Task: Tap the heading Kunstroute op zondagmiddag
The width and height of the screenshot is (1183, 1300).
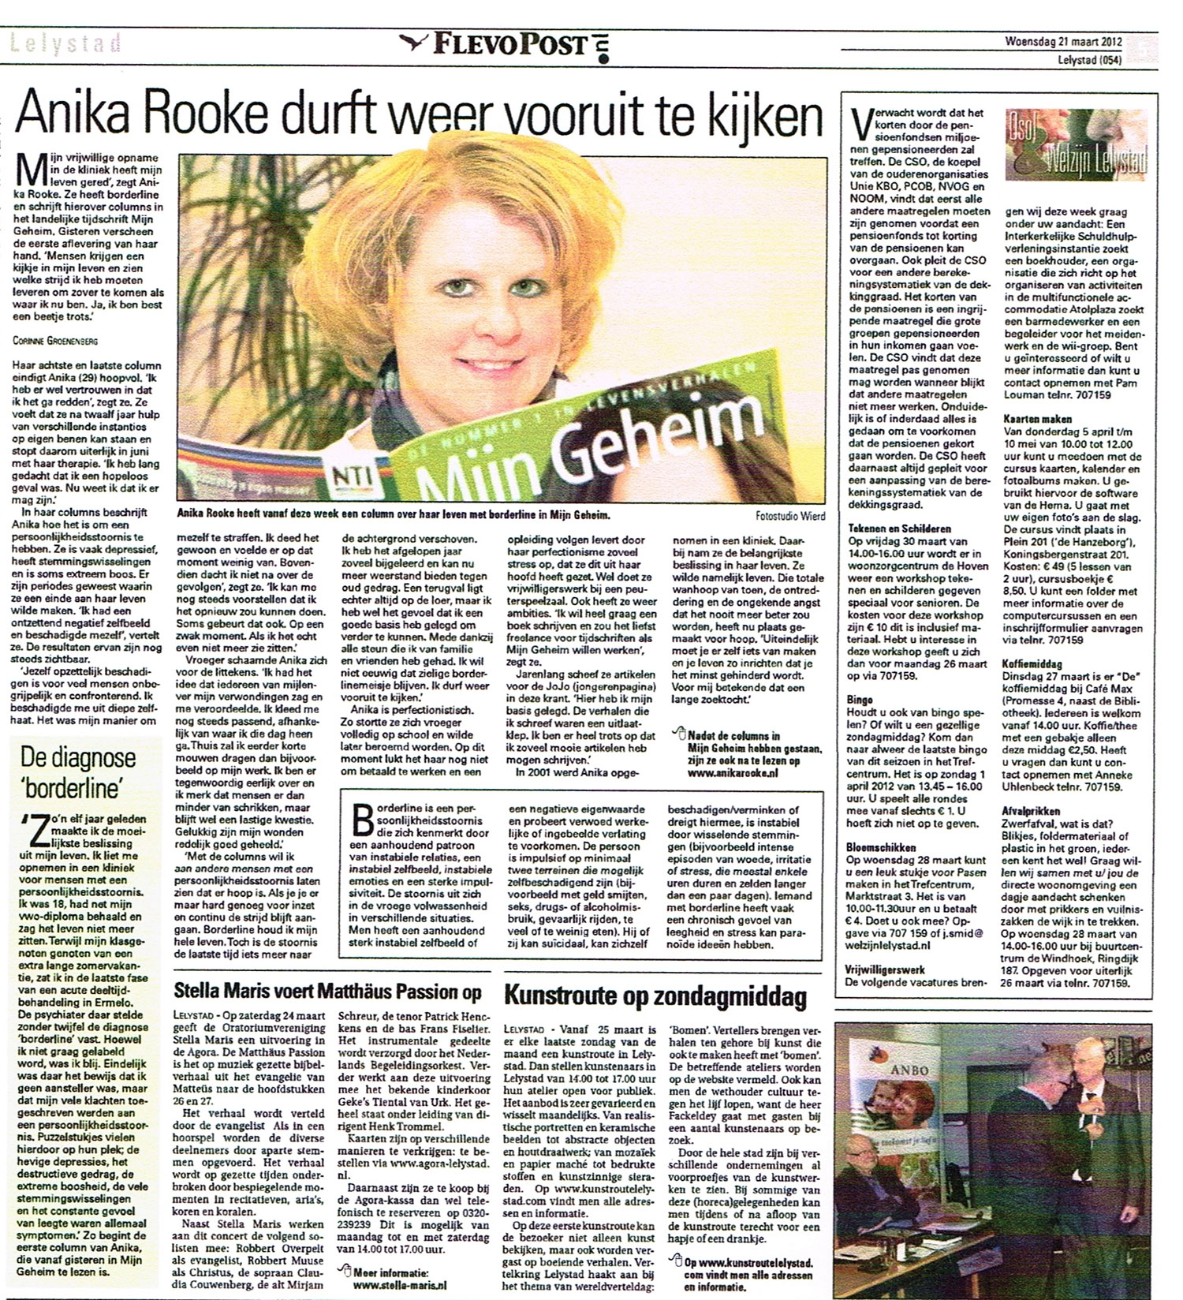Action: pyautogui.click(x=656, y=997)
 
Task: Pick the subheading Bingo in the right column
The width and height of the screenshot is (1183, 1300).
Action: pyautogui.click(x=860, y=699)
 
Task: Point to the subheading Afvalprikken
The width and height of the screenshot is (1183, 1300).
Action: pyautogui.click(x=1032, y=810)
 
